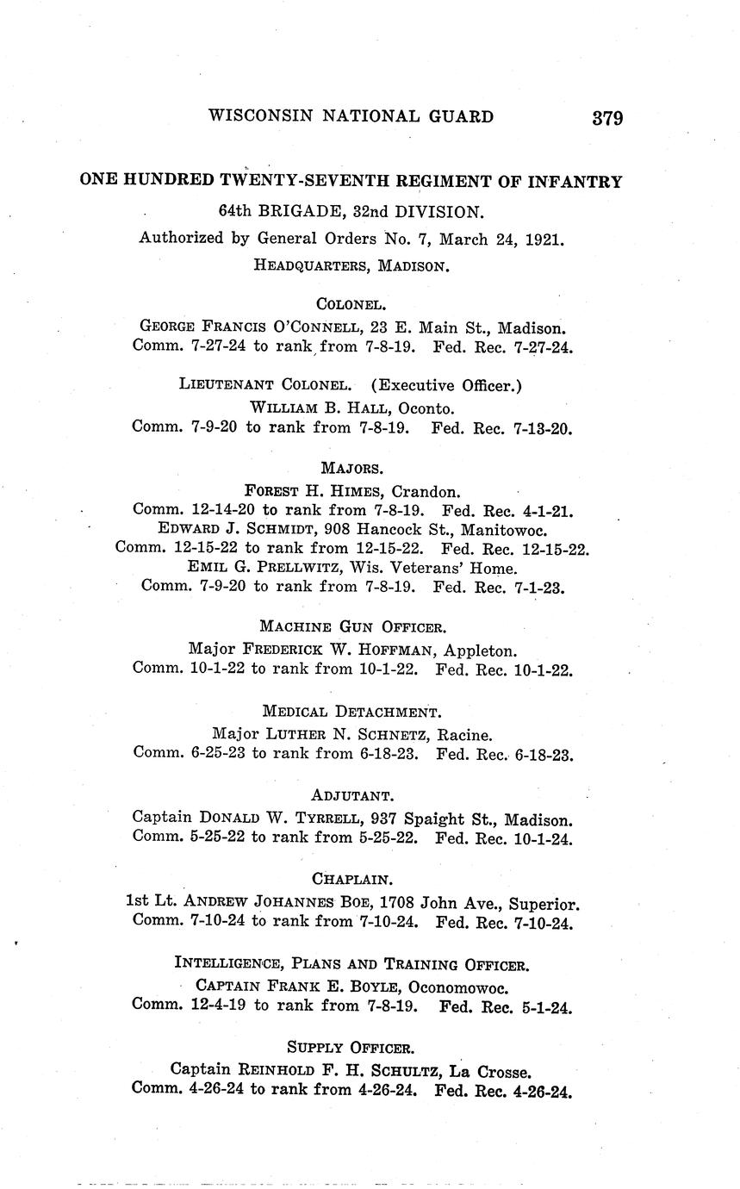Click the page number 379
[x=607, y=118]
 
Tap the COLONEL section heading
[x=351, y=303]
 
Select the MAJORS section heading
[x=351, y=468]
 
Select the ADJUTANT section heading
[x=352, y=795]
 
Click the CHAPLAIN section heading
[x=352, y=880]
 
